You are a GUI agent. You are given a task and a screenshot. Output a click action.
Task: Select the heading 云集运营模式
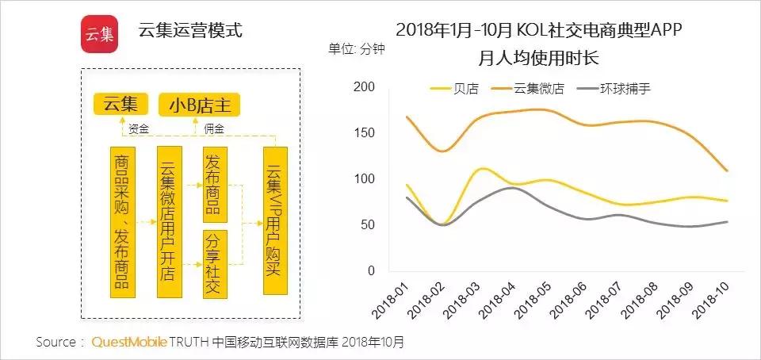coord(190,32)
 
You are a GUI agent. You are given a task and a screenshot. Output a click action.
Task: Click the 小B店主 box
coord(199,104)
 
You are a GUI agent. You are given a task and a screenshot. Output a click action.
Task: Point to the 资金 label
coord(139,128)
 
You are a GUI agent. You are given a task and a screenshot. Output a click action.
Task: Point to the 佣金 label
coord(214,128)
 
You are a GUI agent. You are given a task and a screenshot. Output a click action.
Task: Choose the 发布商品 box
coord(212,184)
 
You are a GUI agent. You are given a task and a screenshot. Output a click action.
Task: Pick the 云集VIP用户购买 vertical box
coord(274,221)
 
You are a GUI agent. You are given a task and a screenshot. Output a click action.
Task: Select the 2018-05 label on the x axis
coord(535,300)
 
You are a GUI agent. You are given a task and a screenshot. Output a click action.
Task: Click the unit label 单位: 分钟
coord(356,48)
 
